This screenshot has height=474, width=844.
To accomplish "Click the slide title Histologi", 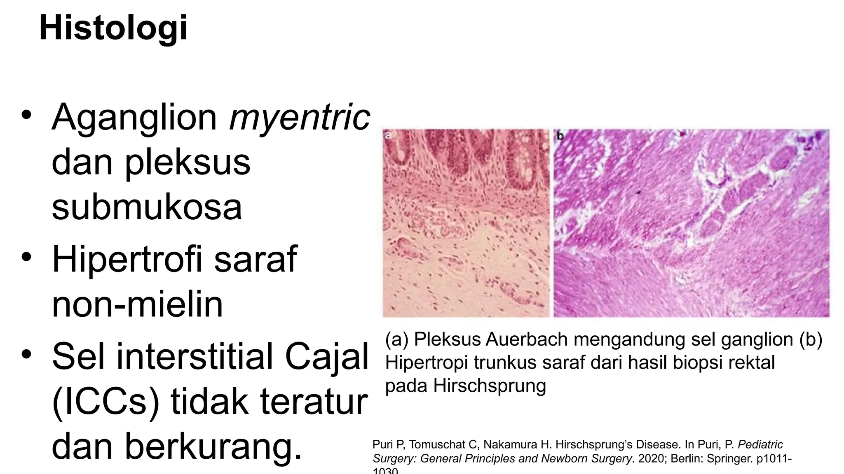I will (113, 28).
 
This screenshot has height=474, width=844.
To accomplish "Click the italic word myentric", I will (300, 117).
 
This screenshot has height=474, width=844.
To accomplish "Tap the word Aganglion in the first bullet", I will (134, 117).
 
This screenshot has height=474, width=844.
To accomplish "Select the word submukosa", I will (147, 207).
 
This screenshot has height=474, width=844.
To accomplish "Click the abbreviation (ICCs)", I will (106, 402).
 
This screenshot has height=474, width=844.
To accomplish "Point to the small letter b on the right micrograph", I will (560, 136).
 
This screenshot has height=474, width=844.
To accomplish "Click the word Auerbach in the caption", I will (527, 340).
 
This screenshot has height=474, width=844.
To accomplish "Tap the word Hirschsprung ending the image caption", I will (489, 386).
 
